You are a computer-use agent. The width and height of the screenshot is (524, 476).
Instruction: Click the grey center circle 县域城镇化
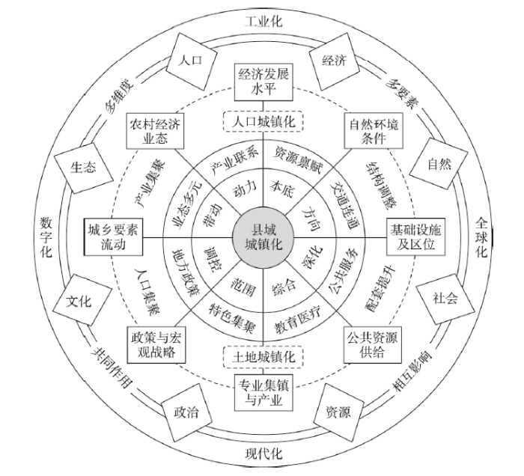(x=263, y=238)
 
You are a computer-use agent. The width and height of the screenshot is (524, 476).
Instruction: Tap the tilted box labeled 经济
(x=335, y=61)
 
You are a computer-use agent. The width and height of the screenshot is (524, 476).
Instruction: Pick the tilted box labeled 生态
(x=83, y=168)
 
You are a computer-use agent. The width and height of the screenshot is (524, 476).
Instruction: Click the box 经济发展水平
(x=263, y=82)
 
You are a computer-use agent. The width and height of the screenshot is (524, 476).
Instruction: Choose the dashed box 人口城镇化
(x=263, y=121)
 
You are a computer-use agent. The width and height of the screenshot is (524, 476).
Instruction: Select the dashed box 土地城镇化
(x=263, y=356)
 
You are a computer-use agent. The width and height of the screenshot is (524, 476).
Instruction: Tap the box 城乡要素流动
(x=113, y=237)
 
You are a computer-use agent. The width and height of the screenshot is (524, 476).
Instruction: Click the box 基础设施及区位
(x=415, y=237)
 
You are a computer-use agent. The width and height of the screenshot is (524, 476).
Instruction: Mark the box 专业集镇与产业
(x=263, y=392)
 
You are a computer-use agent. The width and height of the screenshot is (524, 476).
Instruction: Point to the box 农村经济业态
(x=155, y=131)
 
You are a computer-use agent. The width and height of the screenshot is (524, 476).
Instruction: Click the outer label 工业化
(x=263, y=22)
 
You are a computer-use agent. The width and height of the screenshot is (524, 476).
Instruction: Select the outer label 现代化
(x=263, y=454)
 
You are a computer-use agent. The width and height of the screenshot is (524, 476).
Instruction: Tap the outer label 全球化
(x=481, y=238)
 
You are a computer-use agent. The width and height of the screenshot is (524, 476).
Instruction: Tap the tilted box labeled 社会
(x=445, y=299)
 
